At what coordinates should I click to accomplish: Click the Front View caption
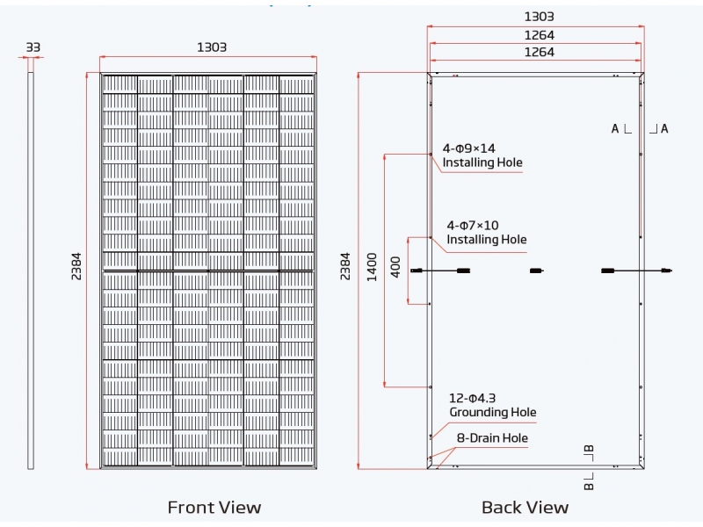214,507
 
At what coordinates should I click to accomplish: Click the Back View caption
525,507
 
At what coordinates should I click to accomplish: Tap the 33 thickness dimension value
33,47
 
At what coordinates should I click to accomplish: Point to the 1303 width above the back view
539,17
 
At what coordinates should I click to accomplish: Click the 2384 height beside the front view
76,266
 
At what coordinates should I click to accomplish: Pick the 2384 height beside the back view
345,266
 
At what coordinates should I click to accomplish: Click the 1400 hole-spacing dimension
372,266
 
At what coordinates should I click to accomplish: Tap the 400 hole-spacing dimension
395,266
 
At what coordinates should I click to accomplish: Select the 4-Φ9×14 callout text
469,148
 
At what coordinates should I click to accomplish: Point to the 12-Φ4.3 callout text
473,398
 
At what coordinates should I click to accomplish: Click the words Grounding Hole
492,412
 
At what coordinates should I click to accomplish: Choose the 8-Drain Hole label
492,437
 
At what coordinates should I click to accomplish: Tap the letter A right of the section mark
664,128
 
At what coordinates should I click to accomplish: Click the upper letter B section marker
590,451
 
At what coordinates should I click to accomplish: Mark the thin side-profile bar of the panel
31,269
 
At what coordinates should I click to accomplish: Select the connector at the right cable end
666,271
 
